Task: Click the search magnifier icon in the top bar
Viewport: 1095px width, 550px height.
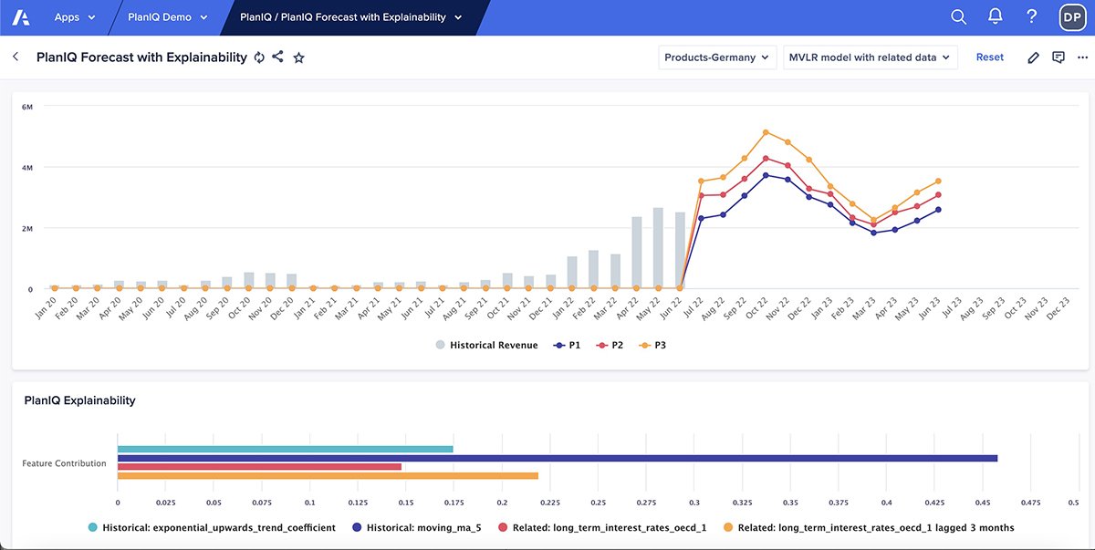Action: click(x=958, y=17)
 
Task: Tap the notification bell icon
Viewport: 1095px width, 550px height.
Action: click(x=996, y=17)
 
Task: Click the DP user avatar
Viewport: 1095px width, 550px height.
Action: click(x=1072, y=17)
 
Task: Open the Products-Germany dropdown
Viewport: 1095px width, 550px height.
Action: click(x=717, y=57)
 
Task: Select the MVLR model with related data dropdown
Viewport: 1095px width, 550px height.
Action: click(x=870, y=57)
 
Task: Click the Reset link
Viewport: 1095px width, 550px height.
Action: click(x=989, y=57)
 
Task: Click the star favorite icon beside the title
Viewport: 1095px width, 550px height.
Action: click(x=298, y=57)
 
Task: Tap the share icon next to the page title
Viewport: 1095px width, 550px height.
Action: click(x=278, y=57)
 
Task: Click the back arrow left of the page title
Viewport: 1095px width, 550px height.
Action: click(x=16, y=57)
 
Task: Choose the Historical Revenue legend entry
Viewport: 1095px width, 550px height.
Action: click(x=486, y=346)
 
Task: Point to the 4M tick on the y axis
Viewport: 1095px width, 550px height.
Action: click(x=27, y=168)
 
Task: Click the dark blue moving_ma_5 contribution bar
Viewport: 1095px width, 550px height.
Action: click(x=557, y=458)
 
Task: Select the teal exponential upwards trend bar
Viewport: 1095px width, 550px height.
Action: click(x=285, y=449)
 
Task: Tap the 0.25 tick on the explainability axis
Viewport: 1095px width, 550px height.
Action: click(x=598, y=503)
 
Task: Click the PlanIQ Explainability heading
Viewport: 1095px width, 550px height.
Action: click(x=79, y=400)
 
